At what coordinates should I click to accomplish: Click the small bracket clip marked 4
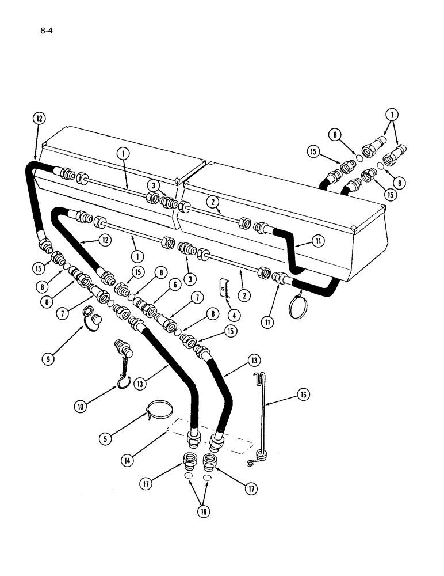coord(225,286)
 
